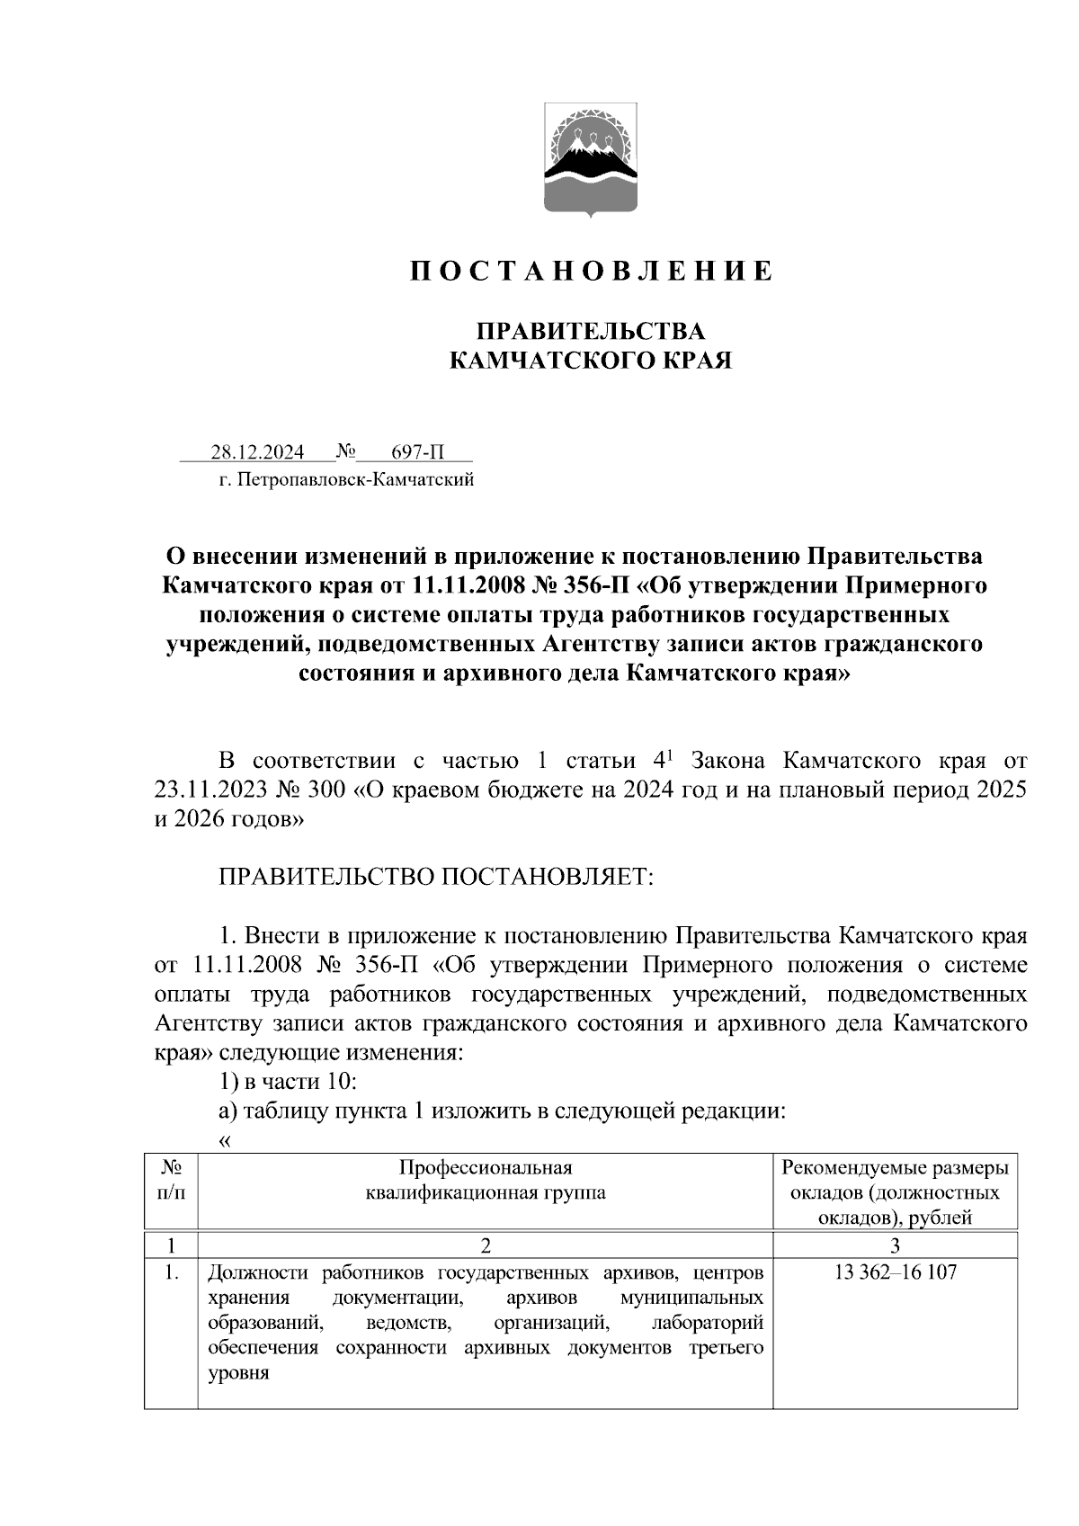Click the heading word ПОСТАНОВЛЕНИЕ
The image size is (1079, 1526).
tap(591, 271)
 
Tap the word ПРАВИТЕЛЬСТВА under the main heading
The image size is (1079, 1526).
tap(590, 331)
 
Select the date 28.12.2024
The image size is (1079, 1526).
tap(257, 451)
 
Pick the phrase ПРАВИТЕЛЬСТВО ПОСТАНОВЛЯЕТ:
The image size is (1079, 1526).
tap(436, 876)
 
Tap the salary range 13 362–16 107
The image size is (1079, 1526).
tap(895, 1272)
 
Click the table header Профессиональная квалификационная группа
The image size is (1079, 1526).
tap(486, 1180)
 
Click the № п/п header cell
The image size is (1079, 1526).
tap(171, 1180)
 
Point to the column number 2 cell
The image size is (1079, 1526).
tap(486, 1245)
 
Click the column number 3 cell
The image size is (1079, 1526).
tap(895, 1245)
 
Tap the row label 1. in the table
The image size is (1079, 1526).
tap(172, 1272)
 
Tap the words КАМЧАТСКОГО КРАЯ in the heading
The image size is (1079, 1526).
tap(590, 361)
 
